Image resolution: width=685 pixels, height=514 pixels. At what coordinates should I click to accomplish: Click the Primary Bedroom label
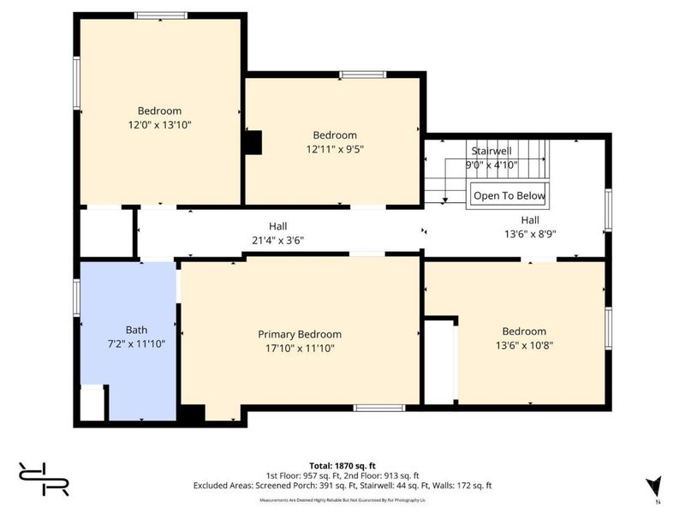(x=300, y=334)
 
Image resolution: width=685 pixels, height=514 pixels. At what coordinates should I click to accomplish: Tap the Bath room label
(x=136, y=329)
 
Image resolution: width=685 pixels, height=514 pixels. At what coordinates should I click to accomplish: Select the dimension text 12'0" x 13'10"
(x=159, y=124)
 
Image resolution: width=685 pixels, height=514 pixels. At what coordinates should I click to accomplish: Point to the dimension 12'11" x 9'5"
(x=334, y=149)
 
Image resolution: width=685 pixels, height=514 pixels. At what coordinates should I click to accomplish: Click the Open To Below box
(x=509, y=196)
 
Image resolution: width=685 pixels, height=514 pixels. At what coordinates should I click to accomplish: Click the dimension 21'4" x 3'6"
(x=277, y=240)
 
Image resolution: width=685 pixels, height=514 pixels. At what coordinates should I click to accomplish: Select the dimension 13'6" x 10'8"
(x=523, y=345)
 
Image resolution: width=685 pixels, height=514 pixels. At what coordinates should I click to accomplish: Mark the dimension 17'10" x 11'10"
(x=300, y=348)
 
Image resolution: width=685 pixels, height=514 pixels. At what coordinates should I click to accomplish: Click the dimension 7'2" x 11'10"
(x=136, y=343)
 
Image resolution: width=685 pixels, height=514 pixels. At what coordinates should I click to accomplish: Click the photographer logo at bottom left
(x=43, y=478)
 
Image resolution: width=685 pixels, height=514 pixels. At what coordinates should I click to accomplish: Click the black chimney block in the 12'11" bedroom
(x=253, y=142)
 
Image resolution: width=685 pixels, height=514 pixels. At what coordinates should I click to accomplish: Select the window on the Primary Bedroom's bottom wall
(x=378, y=407)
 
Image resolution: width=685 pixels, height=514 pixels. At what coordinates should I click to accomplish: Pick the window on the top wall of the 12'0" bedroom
(x=160, y=15)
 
